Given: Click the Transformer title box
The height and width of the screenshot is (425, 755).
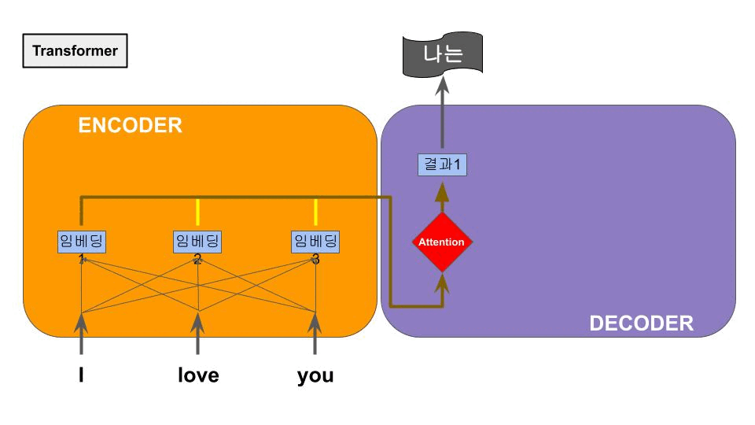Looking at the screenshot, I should click(75, 51).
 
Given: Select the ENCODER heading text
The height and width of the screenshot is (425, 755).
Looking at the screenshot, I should click(130, 125).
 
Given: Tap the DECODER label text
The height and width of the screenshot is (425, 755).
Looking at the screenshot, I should click(641, 323).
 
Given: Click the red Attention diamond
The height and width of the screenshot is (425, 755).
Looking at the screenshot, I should click(441, 242).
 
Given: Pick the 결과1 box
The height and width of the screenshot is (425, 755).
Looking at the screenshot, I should click(441, 165).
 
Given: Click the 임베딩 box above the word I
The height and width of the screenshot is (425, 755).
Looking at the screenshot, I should click(82, 241).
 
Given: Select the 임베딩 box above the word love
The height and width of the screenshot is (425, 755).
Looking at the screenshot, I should click(197, 241).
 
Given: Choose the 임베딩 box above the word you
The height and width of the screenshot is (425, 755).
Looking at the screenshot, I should click(315, 241).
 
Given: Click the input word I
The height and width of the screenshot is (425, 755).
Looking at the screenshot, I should click(82, 375).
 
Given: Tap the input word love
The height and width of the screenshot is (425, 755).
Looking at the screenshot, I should click(197, 375).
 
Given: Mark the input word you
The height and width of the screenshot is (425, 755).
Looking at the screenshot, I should click(315, 375).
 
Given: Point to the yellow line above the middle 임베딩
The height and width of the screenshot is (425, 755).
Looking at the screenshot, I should click(197, 213).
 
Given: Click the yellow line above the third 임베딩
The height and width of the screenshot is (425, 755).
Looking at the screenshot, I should click(315, 213).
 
